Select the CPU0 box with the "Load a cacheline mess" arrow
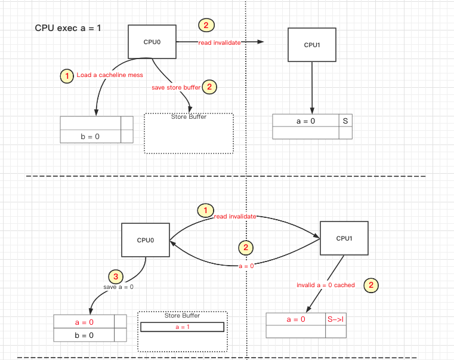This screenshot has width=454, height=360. (152, 42)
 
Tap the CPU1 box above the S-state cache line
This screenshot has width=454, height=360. (311, 44)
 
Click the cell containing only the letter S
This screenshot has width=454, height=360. (345, 121)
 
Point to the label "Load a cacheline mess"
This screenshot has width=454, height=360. (110, 75)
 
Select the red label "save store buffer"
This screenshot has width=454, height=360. (175, 87)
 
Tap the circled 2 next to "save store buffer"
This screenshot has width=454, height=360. (209, 87)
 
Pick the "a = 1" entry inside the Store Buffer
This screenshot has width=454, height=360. (182, 327)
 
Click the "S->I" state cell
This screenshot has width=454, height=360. (335, 319)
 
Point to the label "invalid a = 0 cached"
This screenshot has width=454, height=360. (326, 285)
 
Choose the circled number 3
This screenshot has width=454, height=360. (115, 277)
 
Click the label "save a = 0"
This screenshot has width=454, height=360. (118, 287)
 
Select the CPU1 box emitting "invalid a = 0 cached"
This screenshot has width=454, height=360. (344, 238)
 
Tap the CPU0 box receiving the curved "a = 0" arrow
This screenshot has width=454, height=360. (146, 240)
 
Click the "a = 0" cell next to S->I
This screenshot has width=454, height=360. (296, 319)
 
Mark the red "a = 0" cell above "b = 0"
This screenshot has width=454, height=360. (84, 322)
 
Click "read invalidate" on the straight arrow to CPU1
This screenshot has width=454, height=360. (220, 42)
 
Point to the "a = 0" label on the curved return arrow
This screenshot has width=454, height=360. (246, 266)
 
